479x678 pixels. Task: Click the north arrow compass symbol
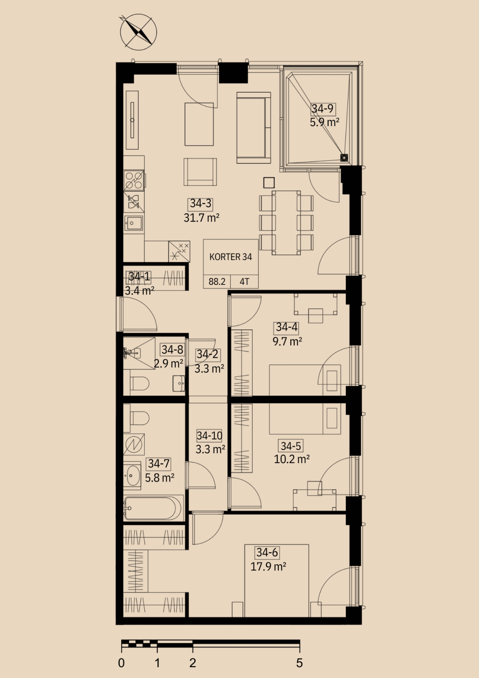[x=138, y=32]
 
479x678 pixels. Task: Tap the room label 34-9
[x=323, y=108]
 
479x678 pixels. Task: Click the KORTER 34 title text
[x=231, y=256]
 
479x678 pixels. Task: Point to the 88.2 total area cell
[x=217, y=282]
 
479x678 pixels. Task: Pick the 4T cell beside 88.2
[x=244, y=282]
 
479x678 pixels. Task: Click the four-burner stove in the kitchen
[x=134, y=181]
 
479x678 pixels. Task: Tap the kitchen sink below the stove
[x=133, y=223]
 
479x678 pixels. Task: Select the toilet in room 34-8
[x=139, y=384]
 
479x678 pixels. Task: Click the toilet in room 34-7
[x=139, y=418]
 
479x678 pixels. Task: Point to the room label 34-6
[x=267, y=552]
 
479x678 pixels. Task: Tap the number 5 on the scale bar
[x=299, y=663]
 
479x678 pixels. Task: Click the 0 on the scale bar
[x=121, y=663]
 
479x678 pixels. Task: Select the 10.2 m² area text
[x=292, y=459]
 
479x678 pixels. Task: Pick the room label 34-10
[x=210, y=436]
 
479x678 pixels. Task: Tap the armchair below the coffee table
[x=200, y=172]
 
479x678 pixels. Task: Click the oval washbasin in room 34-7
[x=132, y=475]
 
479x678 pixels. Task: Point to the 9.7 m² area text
[x=287, y=341]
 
